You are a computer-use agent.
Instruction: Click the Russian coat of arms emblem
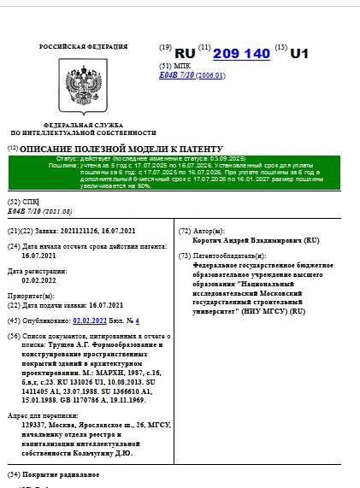click(84, 88)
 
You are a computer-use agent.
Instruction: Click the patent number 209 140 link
click(241, 53)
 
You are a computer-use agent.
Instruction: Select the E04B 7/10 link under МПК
click(177, 75)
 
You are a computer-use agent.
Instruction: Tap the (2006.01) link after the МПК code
click(210, 75)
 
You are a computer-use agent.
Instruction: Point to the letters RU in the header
click(185, 53)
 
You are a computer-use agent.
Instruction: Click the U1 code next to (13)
click(299, 53)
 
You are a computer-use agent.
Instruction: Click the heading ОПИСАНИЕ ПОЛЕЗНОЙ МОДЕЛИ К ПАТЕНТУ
click(121, 149)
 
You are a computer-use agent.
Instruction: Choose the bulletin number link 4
click(137, 320)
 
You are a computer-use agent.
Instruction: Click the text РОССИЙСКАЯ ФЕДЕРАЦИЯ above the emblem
click(84, 46)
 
